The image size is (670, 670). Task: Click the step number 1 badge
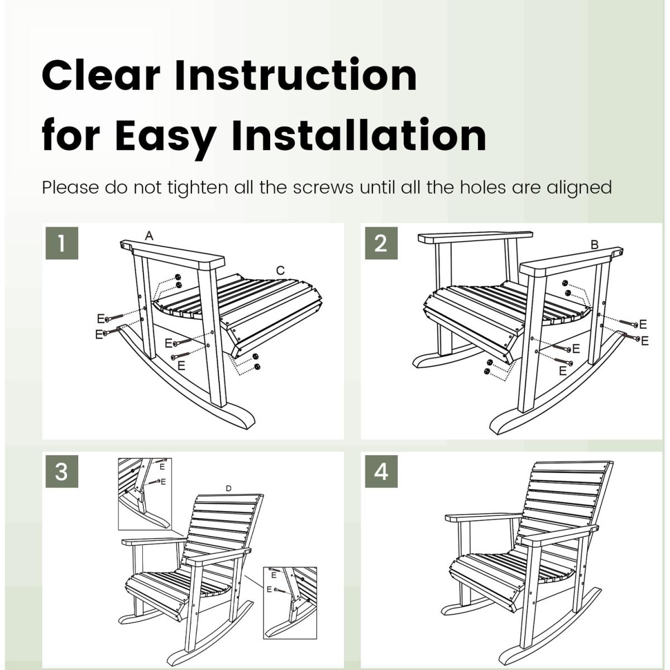[x=61, y=243]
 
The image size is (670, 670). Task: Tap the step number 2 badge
[x=381, y=243]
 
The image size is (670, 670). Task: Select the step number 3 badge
[x=61, y=471]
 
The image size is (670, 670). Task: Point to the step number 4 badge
[x=381, y=471]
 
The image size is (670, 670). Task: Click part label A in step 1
[x=149, y=236]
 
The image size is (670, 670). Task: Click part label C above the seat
[x=280, y=270]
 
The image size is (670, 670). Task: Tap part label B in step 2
[x=595, y=245]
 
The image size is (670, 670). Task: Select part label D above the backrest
[x=228, y=489]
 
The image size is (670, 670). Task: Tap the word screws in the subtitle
[x=323, y=188]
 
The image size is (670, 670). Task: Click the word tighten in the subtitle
[x=198, y=188]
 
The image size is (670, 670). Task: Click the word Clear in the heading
[x=101, y=75]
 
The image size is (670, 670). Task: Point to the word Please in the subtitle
[x=70, y=188]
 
